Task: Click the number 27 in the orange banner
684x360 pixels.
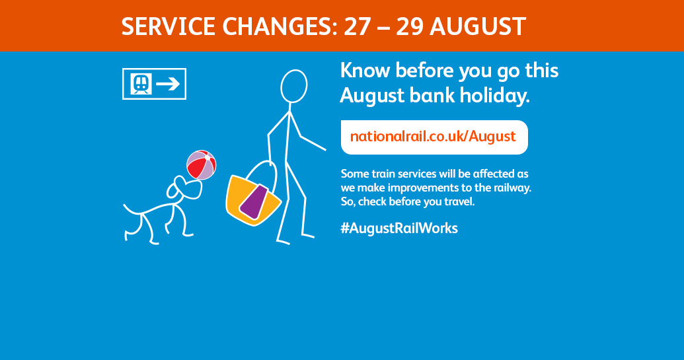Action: [358, 26]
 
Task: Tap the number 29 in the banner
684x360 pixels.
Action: [410, 26]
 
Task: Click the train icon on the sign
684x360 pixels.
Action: [141, 84]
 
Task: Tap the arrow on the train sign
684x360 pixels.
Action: [168, 84]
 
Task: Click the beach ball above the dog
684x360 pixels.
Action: [201, 164]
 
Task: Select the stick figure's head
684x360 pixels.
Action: [293, 87]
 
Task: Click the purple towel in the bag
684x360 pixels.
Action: [254, 201]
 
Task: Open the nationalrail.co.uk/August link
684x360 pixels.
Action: [433, 137]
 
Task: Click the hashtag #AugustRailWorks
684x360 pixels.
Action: [399, 228]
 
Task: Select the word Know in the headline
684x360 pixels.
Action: [365, 71]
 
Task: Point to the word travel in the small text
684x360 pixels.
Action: [459, 201]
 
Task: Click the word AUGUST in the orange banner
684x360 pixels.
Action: [478, 26]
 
